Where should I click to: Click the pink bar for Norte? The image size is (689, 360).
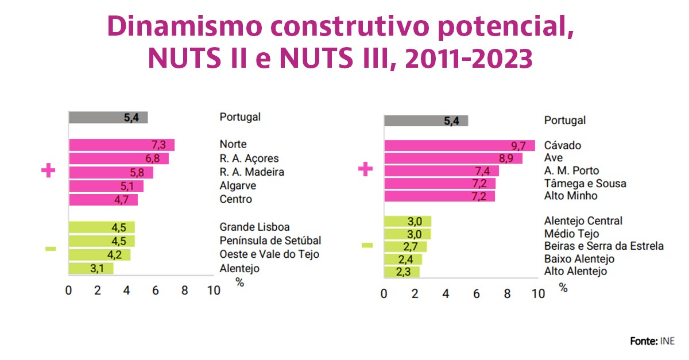coord(121,145)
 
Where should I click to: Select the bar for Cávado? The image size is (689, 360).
coord(459,146)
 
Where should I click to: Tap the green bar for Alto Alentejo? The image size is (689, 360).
coord(401,272)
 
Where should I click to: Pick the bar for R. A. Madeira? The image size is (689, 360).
coord(111,172)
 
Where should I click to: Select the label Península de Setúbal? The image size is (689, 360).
coord(270,241)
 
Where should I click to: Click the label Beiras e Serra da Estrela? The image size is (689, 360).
coord(603,246)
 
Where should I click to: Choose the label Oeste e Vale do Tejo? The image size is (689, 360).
coord(269,254)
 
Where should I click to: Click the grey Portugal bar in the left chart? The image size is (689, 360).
coord(108,118)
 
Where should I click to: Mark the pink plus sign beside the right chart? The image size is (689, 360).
coord(365,170)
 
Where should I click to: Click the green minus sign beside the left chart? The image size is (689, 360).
coord(51,249)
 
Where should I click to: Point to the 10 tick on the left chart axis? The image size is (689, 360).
coord(213,291)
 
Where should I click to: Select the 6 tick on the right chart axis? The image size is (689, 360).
coord(476,294)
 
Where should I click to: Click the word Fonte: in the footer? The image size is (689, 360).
coord(643,341)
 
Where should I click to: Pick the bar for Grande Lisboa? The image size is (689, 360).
coord(102,227)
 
